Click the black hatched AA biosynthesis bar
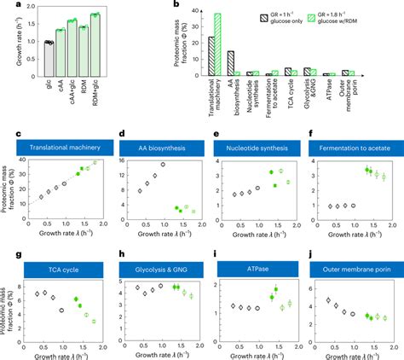(x=231, y=64)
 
